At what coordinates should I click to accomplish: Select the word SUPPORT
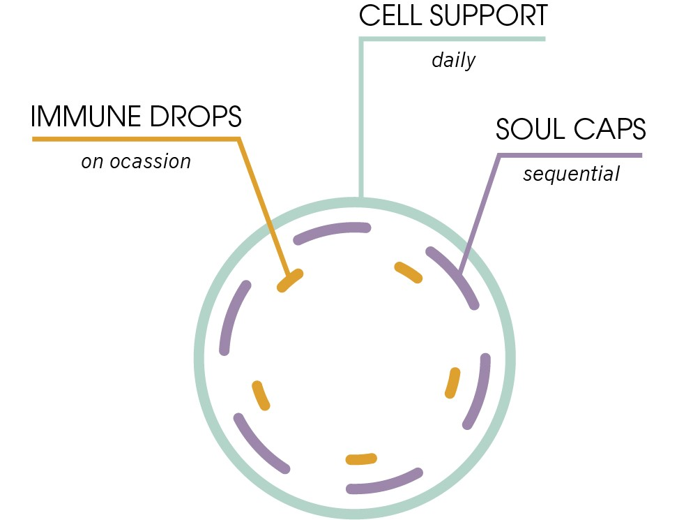click(491, 16)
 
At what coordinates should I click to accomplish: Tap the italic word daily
click(453, 60)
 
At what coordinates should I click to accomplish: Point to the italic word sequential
click(571, 173)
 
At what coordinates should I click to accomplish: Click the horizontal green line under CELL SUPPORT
click(453, 38)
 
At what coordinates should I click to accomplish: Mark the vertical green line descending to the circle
click(361, 119)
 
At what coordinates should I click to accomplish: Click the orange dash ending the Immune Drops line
click(290, 281)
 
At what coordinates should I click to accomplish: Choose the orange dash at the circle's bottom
click(361, 459)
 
